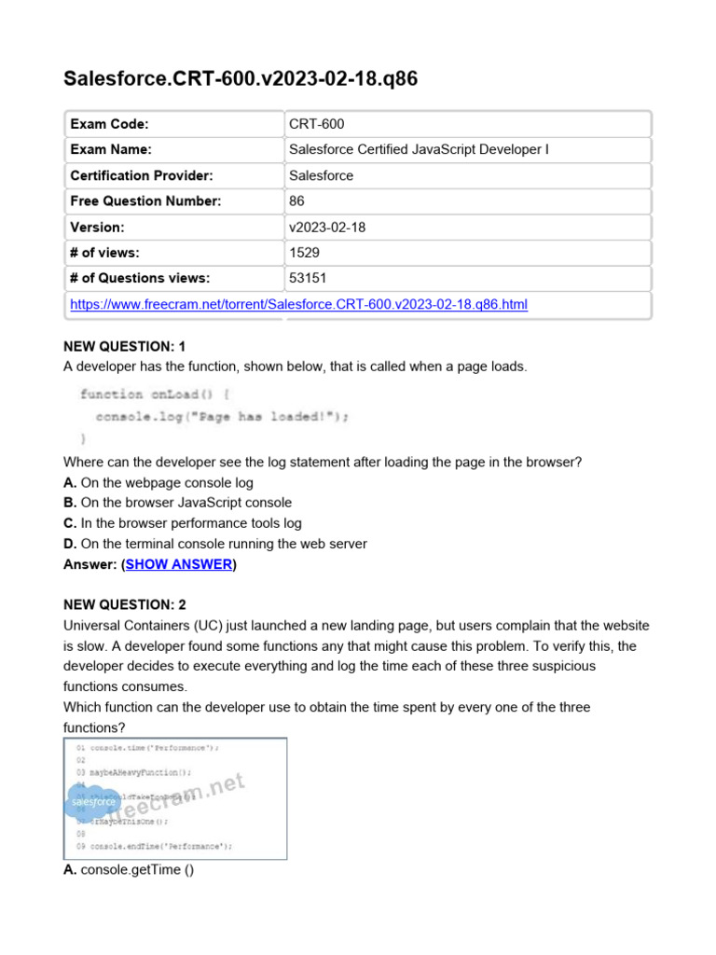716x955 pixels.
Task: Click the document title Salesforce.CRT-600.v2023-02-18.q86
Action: coord(241,78)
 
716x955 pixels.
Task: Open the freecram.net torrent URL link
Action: coord(299,304)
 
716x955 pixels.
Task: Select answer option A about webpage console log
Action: coord(158,482)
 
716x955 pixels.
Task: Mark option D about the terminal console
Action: coord(214,544)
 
